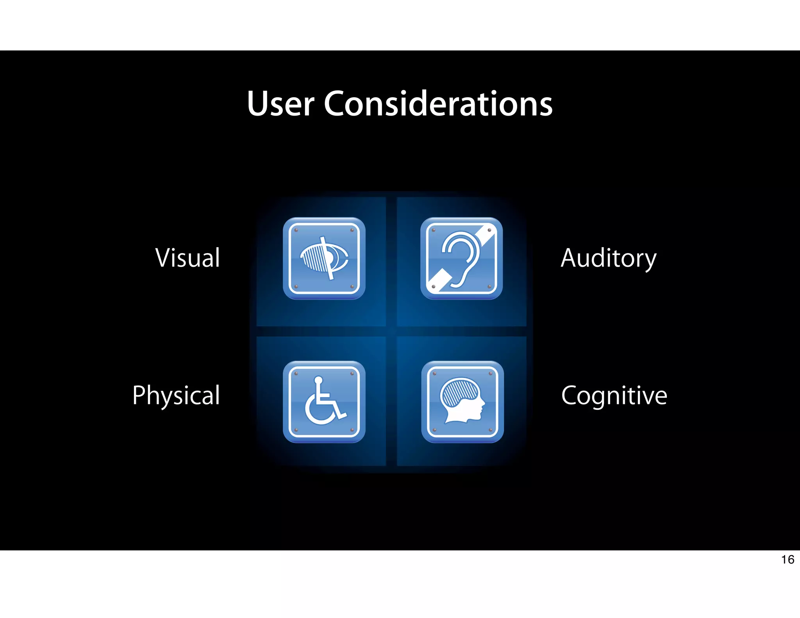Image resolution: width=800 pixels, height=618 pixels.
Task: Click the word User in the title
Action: point(280,104)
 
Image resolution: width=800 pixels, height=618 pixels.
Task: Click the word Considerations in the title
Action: point(438,104)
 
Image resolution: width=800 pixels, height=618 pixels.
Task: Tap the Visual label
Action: point(187,258)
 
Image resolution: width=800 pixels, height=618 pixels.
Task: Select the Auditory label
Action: point(608,259)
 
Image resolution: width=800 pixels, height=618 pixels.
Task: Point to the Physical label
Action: point(176,395)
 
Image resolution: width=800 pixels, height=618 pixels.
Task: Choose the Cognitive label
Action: point(614,395)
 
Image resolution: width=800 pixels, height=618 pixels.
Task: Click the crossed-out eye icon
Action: point(324,258)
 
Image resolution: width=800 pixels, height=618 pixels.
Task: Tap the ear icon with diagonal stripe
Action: point(461,258)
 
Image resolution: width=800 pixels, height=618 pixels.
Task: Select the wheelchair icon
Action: point(324,402)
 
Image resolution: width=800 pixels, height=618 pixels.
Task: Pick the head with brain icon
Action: point(462,402)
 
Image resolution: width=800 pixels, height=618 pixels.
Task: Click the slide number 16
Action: point(787,560)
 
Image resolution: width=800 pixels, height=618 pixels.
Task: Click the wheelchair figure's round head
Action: point(318,380)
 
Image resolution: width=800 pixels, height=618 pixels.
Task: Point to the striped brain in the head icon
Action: point(459,393)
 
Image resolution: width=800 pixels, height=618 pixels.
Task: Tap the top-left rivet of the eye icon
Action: point(296,230)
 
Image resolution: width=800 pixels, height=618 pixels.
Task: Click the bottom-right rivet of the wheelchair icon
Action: point(352,430)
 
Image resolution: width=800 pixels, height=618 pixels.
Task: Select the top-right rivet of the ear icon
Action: point(489,230)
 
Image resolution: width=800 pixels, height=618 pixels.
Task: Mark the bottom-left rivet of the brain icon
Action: point(434,430)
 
